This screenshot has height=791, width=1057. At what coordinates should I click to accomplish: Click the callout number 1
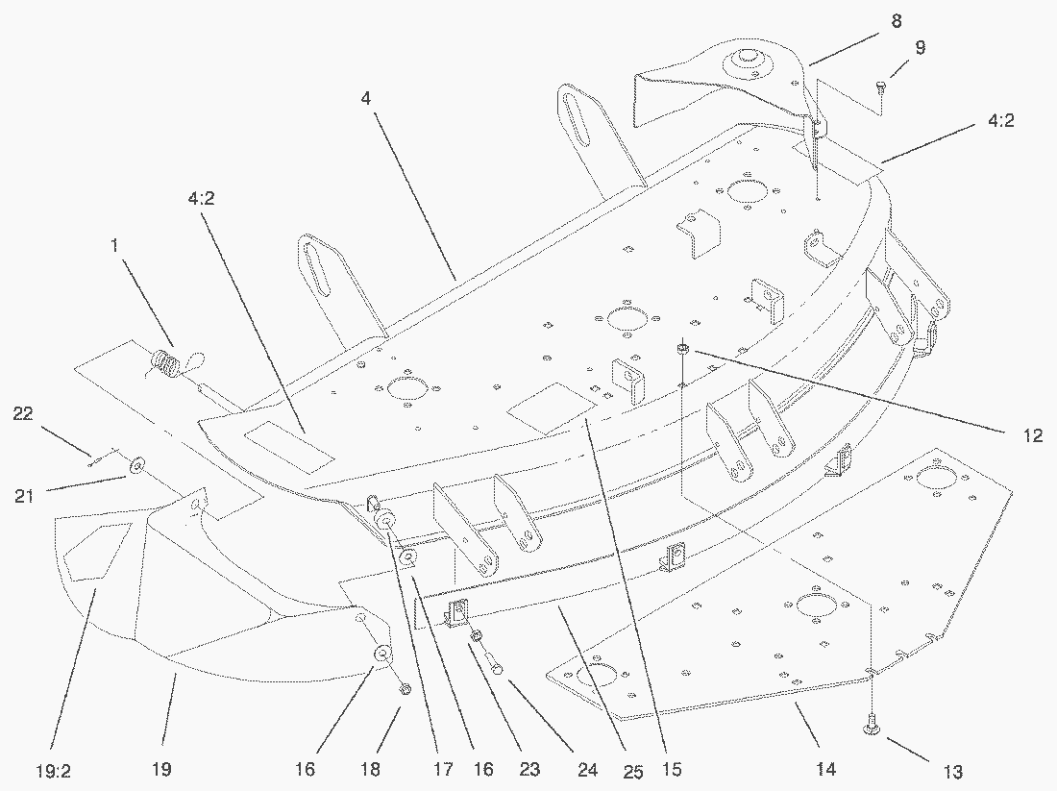pyautogui.click(x=114, y=246)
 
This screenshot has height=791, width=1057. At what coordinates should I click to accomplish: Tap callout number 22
pyautogui.click(x=24, y=413)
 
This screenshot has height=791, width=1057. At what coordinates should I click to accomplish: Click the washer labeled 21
pyautogui.click(x=136, y=465)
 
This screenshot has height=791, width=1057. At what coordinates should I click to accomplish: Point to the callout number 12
pyautogui.click(x=1032, y=435)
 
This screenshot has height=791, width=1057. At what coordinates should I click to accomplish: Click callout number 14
pyautogui.click(x=825, y=769)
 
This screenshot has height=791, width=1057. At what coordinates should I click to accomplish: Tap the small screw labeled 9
pyautogui.click(x=882, y=87)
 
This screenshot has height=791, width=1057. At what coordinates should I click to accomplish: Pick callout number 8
pyautogui.click(x=897, y=20)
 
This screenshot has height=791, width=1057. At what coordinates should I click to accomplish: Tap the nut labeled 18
pyautogui.click(x=405, y=688)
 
